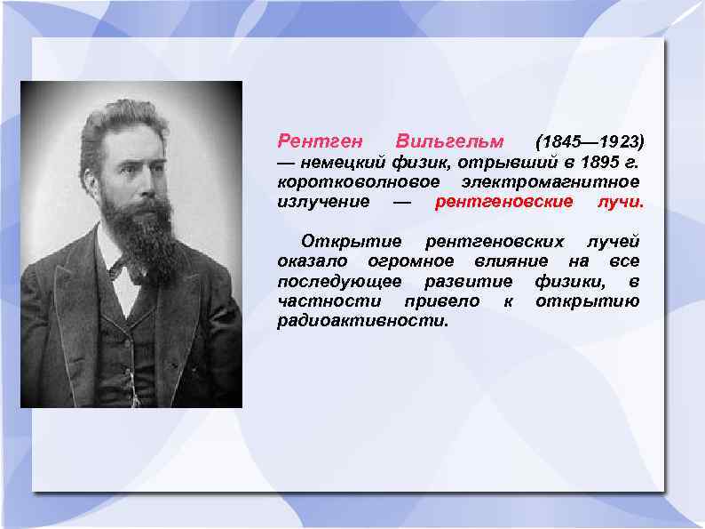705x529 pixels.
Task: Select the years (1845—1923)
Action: pos(590,142)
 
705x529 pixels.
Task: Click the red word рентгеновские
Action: pos(503,202)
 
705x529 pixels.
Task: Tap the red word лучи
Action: pos(621,202)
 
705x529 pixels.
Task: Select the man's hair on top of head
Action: pos(124,120)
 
